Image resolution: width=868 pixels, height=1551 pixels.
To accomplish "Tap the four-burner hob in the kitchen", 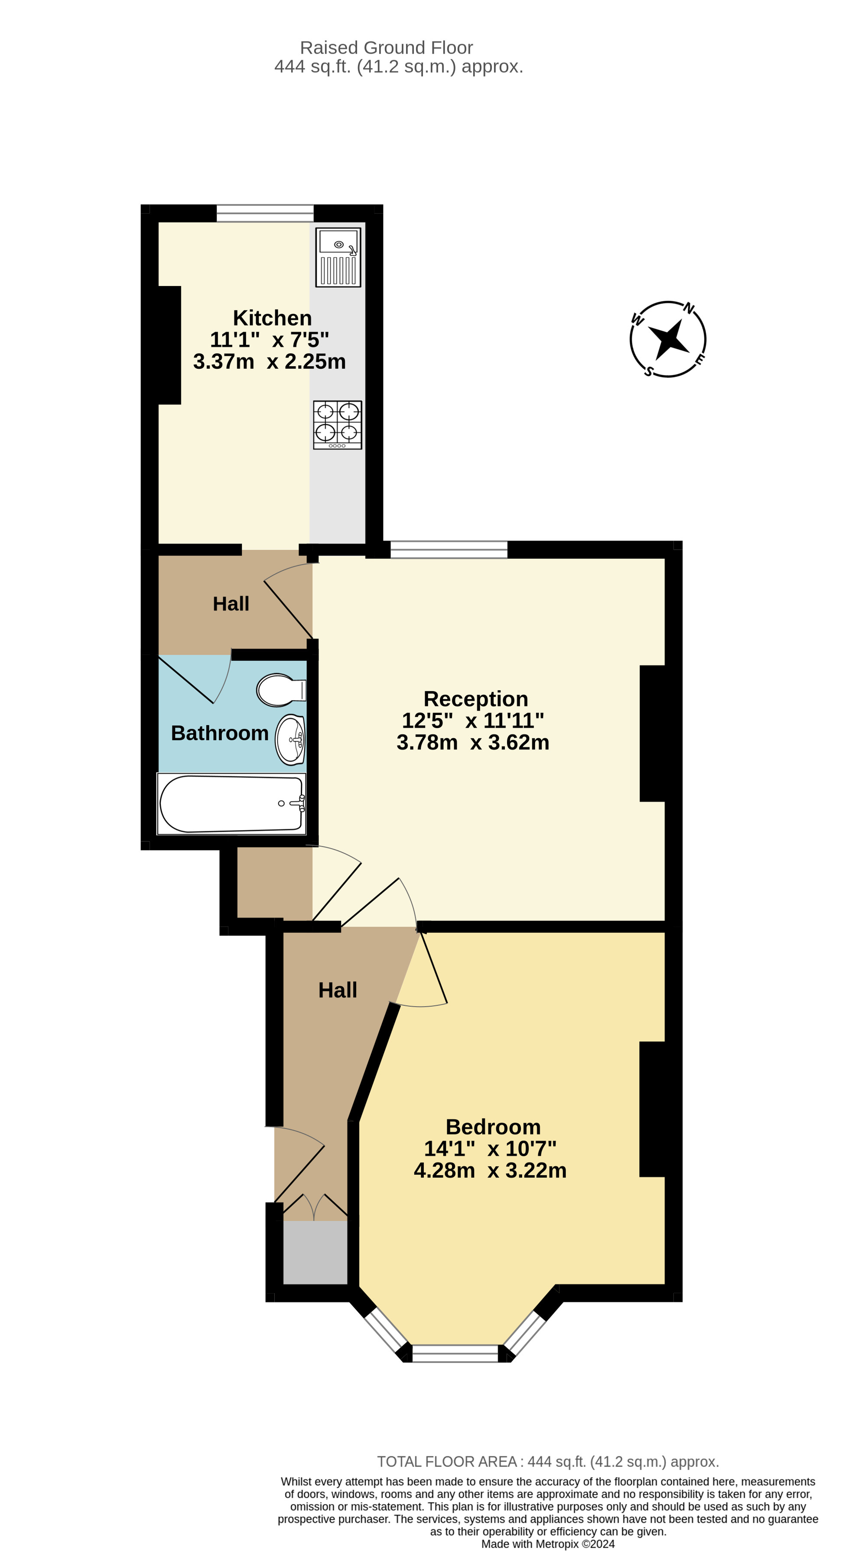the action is pos(338,425).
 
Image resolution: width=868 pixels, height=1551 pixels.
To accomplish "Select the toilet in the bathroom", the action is pos(282,689).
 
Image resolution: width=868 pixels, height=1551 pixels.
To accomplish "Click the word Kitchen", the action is pos(272,318).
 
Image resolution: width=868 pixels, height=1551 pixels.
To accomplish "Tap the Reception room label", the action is pos(475,699).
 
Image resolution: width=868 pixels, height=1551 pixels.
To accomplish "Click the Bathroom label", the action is pos(220,733).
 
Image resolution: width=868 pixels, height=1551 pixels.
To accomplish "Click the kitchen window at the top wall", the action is pos(265,213).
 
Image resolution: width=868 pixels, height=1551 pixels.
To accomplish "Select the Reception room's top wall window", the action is pos(449,550).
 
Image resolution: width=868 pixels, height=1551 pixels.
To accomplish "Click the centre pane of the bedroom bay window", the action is pos(455,1353).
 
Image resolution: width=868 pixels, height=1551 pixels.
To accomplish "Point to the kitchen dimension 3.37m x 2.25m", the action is pos(270,361).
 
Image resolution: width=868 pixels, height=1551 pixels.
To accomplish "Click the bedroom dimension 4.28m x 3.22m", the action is pos(490,1170).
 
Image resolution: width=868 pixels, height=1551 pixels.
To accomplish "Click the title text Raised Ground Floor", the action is pos(387,48).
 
